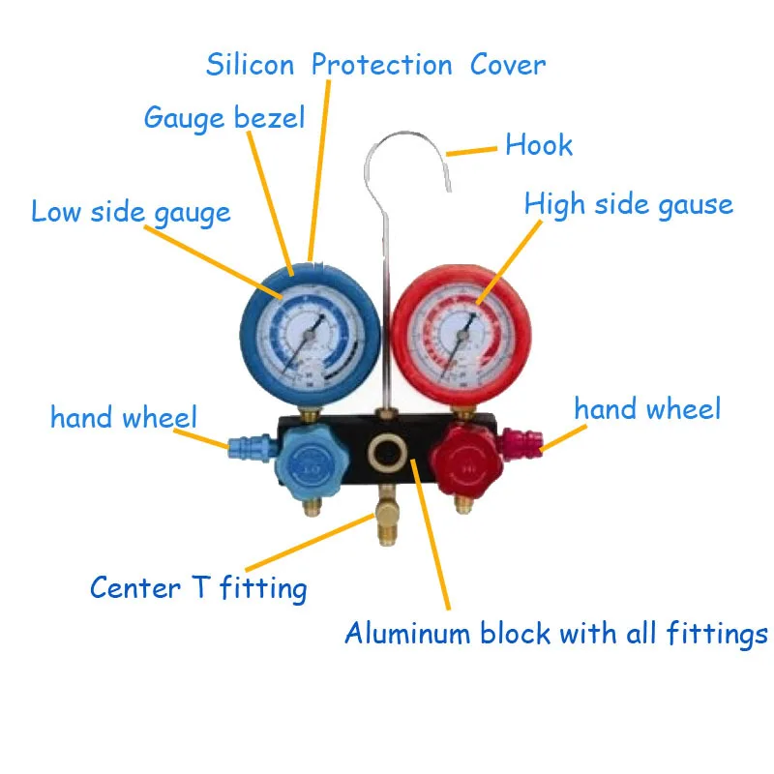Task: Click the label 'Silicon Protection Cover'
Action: coord(375,66)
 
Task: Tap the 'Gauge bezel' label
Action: coord(223,118)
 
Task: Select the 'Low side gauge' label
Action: coord(131,212)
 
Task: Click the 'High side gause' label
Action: coord(628,204)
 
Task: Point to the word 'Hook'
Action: coord(539,146)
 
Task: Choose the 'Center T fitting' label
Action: coord(198,587)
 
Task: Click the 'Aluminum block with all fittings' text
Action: coord(555,635)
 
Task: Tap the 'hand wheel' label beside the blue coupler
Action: coord(123,418)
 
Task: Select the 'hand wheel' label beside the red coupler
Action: coord(647,408)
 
